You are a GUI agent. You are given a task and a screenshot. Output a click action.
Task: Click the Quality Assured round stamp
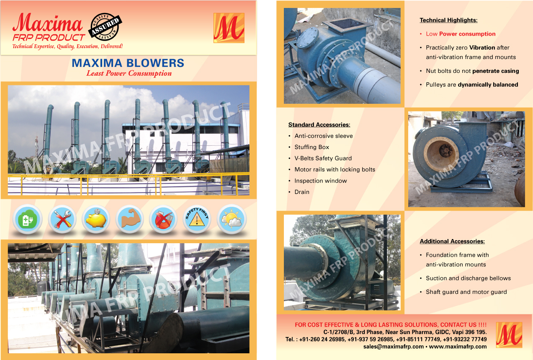point(105,27)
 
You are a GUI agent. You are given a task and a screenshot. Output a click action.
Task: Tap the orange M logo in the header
point(229,28)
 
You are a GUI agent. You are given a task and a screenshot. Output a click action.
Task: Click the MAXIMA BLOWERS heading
point(128,63)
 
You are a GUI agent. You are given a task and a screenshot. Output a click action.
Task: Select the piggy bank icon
point(96,219)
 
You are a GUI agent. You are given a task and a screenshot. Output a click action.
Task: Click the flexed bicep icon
point(130,219)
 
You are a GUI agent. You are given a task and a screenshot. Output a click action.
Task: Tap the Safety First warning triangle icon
point(197,219)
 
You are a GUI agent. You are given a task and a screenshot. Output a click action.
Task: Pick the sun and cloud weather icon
point(232,219)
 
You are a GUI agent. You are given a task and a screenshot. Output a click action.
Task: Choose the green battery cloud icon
point(28,219)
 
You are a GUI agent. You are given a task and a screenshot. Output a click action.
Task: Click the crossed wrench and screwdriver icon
point(62,219)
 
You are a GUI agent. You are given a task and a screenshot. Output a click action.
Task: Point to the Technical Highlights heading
point(448,20)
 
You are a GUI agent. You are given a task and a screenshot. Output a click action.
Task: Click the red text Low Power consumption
point(461,34)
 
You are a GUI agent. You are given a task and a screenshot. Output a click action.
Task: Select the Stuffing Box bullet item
point(312,147)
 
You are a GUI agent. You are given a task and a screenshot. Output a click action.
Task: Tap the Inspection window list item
point(321,181)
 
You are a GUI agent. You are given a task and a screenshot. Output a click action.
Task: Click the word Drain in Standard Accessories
point(302,192)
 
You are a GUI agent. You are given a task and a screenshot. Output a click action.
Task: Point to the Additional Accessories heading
point(452,241)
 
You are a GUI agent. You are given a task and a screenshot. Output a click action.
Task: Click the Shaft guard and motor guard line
point(466,292)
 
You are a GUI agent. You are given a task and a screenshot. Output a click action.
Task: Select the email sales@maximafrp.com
point(393,347)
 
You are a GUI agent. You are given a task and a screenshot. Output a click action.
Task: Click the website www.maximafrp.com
point(458,347)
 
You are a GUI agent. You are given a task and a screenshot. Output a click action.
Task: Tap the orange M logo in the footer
point(509,335)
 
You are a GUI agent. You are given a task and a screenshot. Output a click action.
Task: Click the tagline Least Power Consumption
point(129,74)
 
